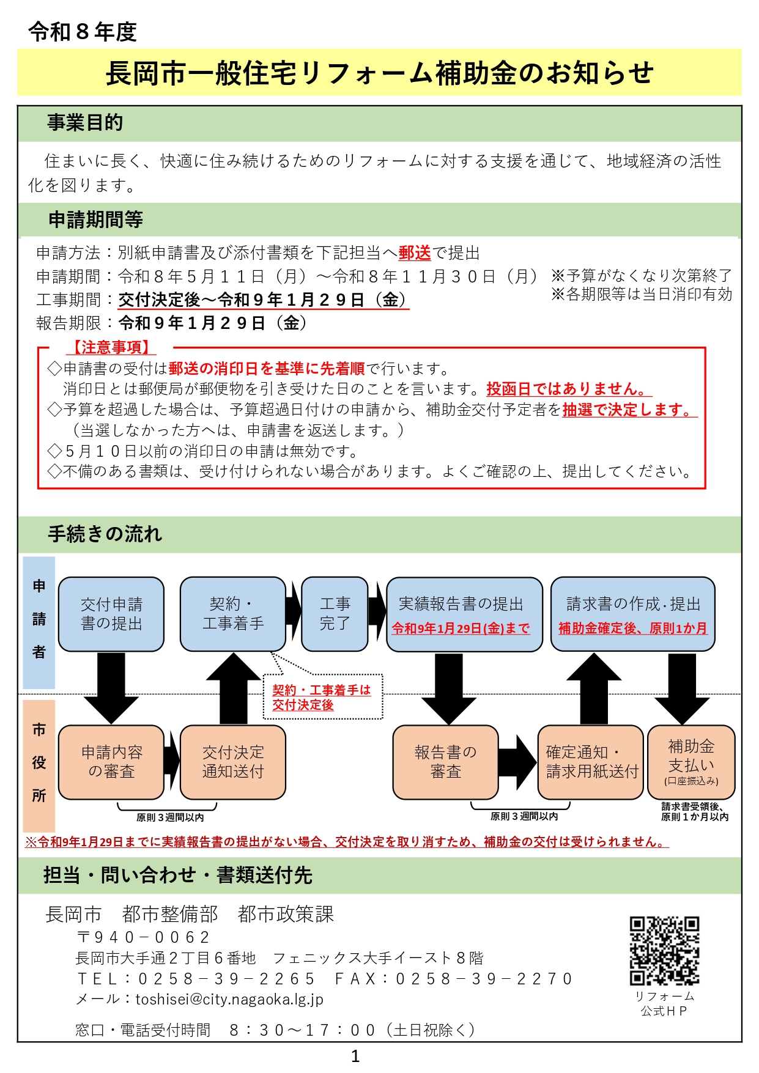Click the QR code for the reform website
664,950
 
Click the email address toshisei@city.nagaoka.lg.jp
229,999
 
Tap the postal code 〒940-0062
144,937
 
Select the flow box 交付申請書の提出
111,614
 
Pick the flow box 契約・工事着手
232,614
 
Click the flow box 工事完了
335,614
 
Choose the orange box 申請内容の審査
111,762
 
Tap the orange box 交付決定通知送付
232,762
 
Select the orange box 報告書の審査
445,762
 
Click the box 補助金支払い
691,762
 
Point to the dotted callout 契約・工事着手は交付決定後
322,697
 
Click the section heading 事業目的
85,123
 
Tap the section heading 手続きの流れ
105,534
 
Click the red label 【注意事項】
111,347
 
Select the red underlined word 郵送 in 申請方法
415,253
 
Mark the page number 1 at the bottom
355,1056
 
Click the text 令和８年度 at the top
83,32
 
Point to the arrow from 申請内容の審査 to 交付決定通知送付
172,762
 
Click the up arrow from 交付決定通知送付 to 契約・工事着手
233,688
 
